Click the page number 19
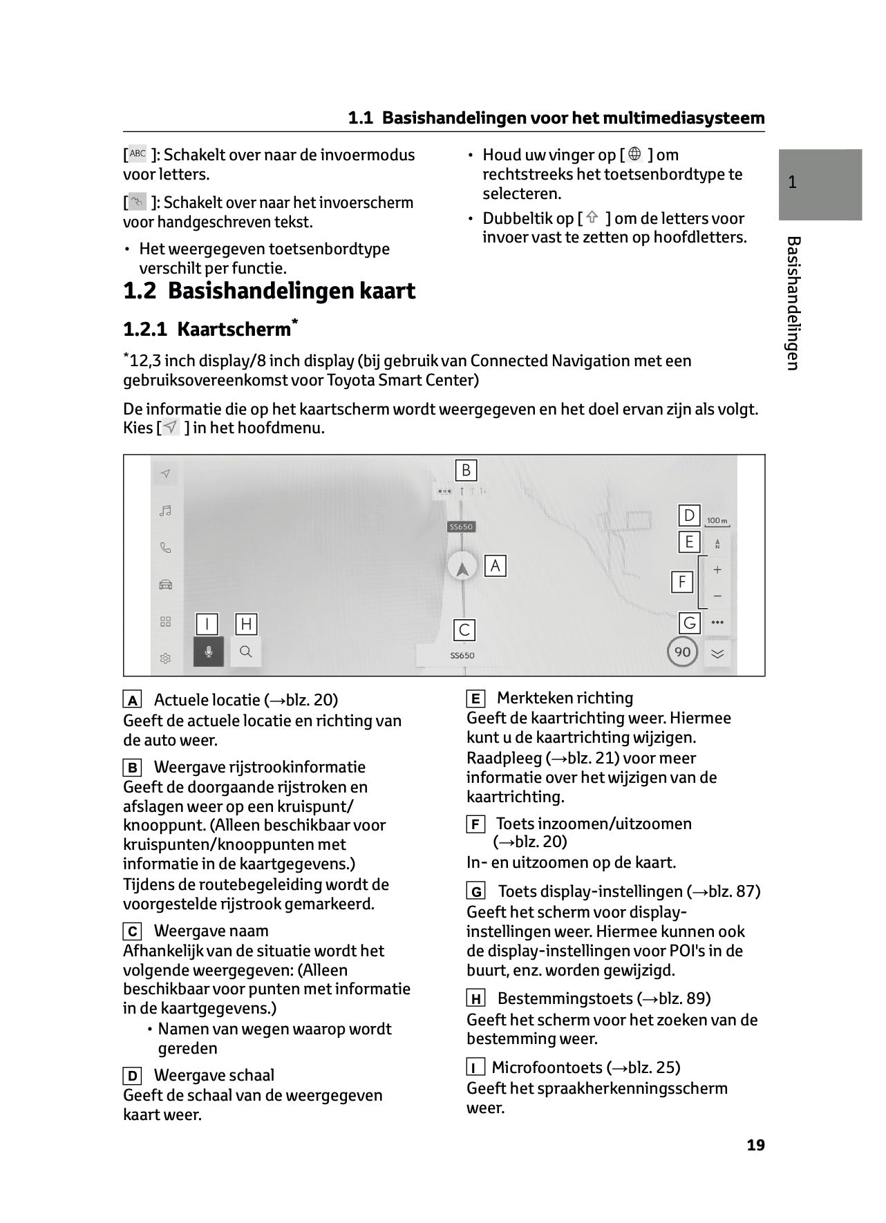tap(755, 1145)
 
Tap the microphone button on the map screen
tap(209, 652)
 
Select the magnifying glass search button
tap(246, 652)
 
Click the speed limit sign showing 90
tap(682, 652)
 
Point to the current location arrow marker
tap(462, 568)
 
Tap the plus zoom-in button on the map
tap(717, 570)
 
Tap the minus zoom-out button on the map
tap(717, 596)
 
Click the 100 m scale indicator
tap(717, 521)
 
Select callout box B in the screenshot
tap(466, 471)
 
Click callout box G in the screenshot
tap(689, 623)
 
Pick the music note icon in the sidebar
tap(165, 511)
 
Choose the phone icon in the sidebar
tap(165, 548)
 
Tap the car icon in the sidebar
tap(165, 585)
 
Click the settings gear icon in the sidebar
tap(165, 659)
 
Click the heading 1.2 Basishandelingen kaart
tap(269, 291)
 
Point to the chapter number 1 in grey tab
tap(793, 182)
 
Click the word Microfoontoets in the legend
tap(547, 1068)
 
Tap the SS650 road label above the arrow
tap(461, 527)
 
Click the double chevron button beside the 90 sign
tap(717, 654)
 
